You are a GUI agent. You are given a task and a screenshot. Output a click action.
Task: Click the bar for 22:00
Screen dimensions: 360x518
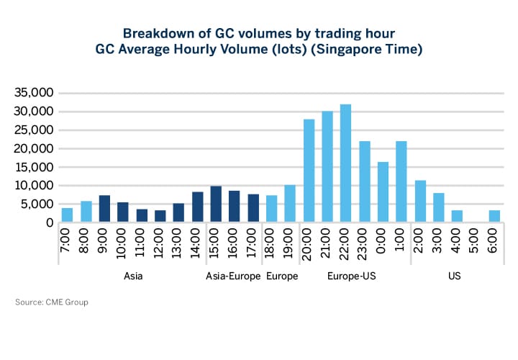click(x=345, y=163)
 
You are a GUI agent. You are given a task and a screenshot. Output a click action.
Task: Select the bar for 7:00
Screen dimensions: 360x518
click(x=67, y=215)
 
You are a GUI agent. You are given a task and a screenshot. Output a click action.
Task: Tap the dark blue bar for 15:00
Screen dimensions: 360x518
click(x=215, y=204)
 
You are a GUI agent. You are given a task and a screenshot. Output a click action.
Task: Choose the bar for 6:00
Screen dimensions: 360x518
click(x=494, y=216)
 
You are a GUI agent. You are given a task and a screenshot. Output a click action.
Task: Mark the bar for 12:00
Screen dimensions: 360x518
click(x=160, y=216)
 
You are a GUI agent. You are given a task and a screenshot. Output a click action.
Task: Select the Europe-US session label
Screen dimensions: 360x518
click(x=346, y=276)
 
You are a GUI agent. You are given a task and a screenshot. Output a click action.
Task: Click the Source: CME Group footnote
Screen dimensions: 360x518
click(x=52, y=302)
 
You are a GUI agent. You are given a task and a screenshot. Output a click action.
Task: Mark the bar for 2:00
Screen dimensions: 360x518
click(x=420, y=202)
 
